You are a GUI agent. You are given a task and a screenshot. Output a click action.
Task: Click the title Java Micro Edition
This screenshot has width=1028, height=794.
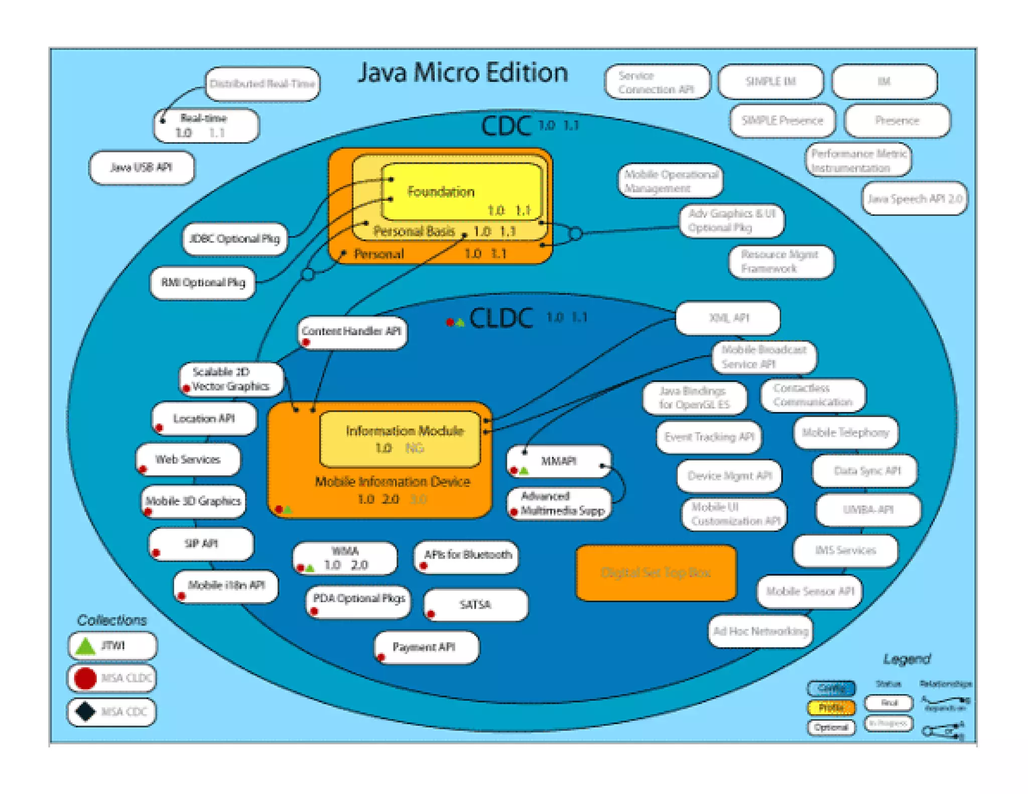462,73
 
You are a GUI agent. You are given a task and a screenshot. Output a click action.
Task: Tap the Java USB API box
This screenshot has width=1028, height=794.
141,168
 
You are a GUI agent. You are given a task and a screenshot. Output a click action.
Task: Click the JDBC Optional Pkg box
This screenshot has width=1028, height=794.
235,239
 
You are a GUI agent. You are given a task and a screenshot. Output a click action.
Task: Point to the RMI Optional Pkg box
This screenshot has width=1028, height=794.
203,283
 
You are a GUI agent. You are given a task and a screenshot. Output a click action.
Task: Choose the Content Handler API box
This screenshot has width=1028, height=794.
351,332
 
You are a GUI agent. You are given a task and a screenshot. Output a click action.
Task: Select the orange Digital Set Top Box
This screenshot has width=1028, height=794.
656,573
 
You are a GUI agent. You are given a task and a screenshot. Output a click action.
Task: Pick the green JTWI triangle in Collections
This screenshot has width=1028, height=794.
85,646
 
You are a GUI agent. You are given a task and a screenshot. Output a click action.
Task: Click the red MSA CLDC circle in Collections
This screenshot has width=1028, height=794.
85,679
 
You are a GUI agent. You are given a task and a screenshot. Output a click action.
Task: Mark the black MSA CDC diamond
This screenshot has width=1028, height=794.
85,711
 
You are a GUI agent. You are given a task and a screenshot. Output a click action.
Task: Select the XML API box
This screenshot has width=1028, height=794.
728,318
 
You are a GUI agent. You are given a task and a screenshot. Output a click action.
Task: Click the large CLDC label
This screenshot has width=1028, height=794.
501,319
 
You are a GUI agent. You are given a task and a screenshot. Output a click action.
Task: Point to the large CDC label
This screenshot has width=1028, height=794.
506,126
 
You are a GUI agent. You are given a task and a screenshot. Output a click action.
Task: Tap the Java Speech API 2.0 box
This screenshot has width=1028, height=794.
915,199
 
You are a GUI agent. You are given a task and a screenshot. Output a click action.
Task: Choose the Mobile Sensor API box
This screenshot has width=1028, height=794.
809,592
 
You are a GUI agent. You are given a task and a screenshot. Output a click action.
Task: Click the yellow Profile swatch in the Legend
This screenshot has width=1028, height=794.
831,708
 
